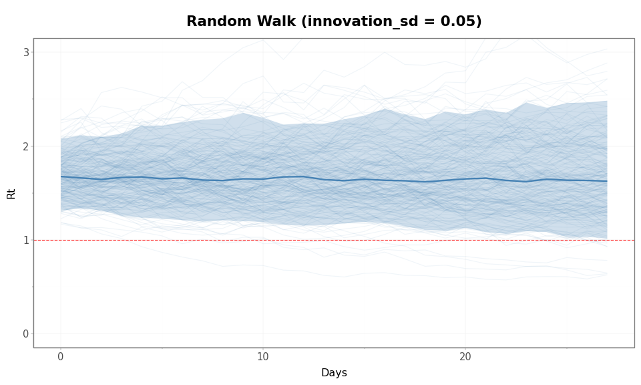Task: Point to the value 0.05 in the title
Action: [x=460, y=22]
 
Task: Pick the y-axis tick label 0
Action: [x=27, y=334]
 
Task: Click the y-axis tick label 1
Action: [x=27, y=240]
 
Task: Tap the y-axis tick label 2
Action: [x=27, y=146]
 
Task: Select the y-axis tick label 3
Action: [x=27, y=52]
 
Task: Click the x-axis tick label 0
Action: [x=61, y=357]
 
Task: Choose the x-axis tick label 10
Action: [x=263, y=357]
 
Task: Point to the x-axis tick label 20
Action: [x=465, y=357]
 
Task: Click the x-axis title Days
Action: [x=334, y=373]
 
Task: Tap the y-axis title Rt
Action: [x=11, y=193]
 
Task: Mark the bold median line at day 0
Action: [x=61, y=176]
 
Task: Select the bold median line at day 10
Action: [x=263, y=179]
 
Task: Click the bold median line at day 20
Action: [x=465, y=178]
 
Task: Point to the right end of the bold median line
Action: [x=606, y=181]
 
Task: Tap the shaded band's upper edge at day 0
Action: [x=61, y=138]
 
